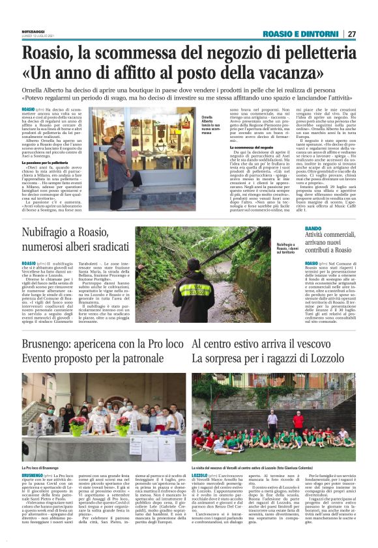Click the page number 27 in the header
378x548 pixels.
coord(351,34)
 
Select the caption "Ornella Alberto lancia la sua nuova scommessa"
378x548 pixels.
coord(211,124)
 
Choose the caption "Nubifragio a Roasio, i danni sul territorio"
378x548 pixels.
coord(283,264)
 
